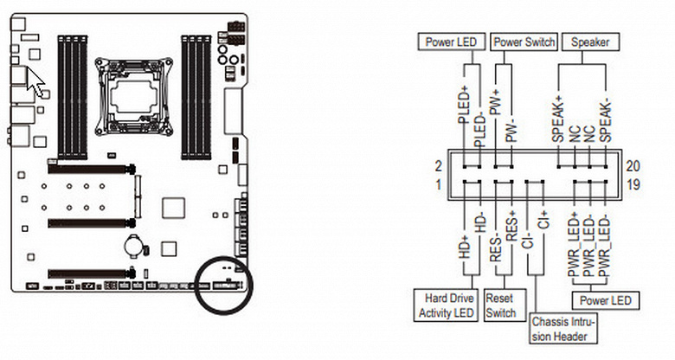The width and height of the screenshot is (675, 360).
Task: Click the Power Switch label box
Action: tap(524, 42)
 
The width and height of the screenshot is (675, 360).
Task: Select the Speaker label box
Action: tap(590, 42)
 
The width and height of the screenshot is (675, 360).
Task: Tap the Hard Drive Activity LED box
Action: tap(446, 305)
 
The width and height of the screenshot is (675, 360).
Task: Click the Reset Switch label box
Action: tap(505, 305)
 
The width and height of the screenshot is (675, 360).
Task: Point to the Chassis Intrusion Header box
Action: tap(562, 329)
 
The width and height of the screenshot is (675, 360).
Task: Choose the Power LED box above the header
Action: tap(451, 42)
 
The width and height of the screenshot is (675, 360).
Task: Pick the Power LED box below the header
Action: tap(605, 300)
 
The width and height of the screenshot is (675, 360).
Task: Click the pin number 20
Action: tap(633, 166)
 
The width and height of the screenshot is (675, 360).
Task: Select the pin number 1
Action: tap(438, 184)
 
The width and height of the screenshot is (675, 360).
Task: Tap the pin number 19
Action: tap(633, 184)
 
